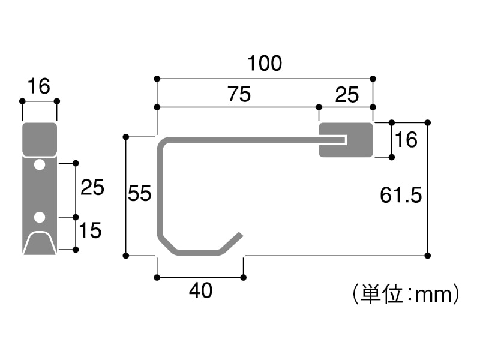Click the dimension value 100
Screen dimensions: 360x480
coord(265,63)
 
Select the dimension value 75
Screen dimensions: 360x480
coord(238,94)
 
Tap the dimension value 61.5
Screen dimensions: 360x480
coord(401,195)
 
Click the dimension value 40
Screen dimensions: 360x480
coord(200,291)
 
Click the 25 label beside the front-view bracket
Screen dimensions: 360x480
coord(92,188)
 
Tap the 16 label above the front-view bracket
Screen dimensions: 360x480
coord(38,87)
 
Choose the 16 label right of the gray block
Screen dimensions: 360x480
coord(406,140)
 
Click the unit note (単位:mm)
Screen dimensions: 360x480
coord(406,294)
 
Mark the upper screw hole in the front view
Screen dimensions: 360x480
coord(40,164)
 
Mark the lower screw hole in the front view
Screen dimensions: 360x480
coord(40,216)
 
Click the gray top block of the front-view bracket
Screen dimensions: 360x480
coord(40,139)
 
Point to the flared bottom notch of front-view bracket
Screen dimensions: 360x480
coord(40,244)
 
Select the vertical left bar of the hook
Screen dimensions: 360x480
coord(161,192)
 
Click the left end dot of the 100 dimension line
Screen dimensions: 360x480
coord(157,79)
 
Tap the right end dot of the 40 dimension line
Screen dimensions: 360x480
coord(243,278)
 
